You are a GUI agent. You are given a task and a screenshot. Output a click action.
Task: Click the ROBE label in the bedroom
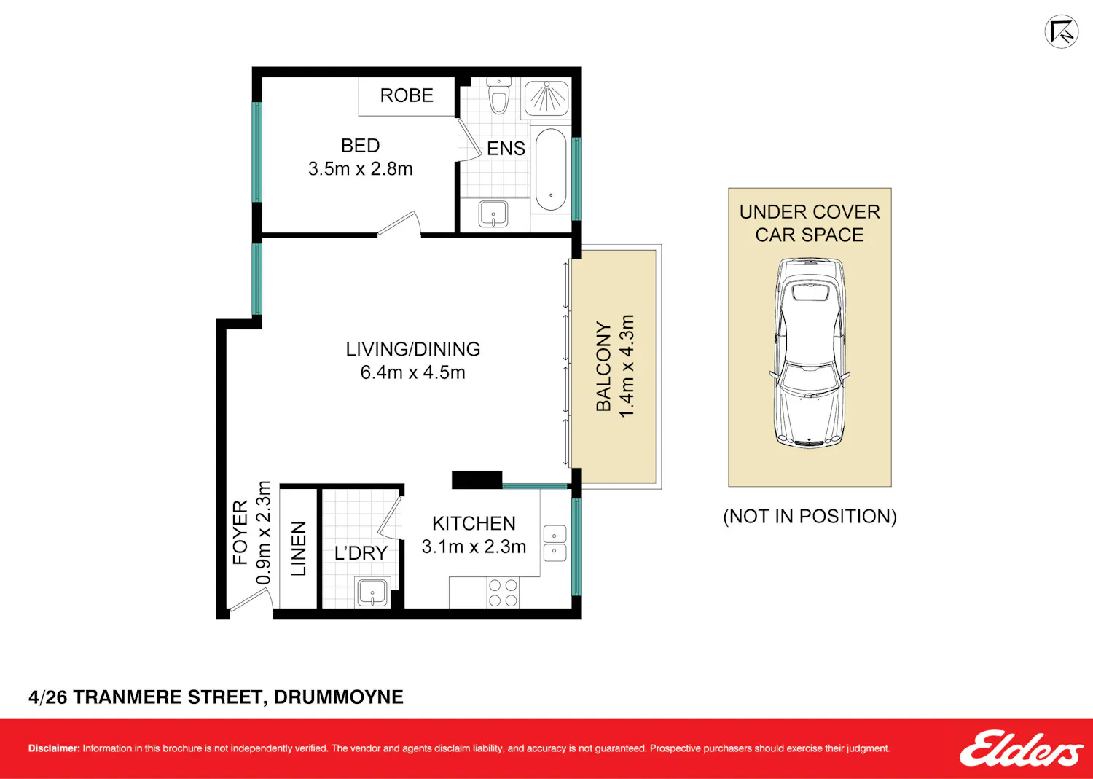[407, 95]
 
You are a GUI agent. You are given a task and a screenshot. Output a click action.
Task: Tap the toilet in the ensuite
[498, 95]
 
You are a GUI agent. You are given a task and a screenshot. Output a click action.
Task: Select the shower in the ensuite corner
[546, 99]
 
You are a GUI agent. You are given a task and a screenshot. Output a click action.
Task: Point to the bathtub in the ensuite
[551, 169]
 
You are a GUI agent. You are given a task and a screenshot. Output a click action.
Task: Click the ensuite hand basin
[493, 214]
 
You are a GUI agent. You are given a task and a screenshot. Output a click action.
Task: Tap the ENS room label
[506, 149]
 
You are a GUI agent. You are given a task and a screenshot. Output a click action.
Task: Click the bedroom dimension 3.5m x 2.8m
[360, 169]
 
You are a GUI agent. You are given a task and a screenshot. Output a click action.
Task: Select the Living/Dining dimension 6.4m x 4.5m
[413, 372]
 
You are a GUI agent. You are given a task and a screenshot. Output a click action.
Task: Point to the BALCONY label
[603, 366]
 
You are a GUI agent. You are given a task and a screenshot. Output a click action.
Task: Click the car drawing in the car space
[810, 352]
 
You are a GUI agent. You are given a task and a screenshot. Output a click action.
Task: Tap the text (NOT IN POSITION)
[810, 517]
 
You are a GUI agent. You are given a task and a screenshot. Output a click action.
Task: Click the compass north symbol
[1062, 32]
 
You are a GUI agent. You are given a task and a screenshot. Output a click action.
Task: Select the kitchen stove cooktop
[503, 592]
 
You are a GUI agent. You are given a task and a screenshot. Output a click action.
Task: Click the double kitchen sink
[555, 543]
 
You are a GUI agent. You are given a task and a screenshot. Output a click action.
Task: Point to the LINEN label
[299, 548]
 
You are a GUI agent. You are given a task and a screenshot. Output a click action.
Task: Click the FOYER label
[240, 533]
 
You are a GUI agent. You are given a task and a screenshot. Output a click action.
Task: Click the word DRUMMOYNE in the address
[339, 697]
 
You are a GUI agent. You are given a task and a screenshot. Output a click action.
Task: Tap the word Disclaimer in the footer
[54, 748]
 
